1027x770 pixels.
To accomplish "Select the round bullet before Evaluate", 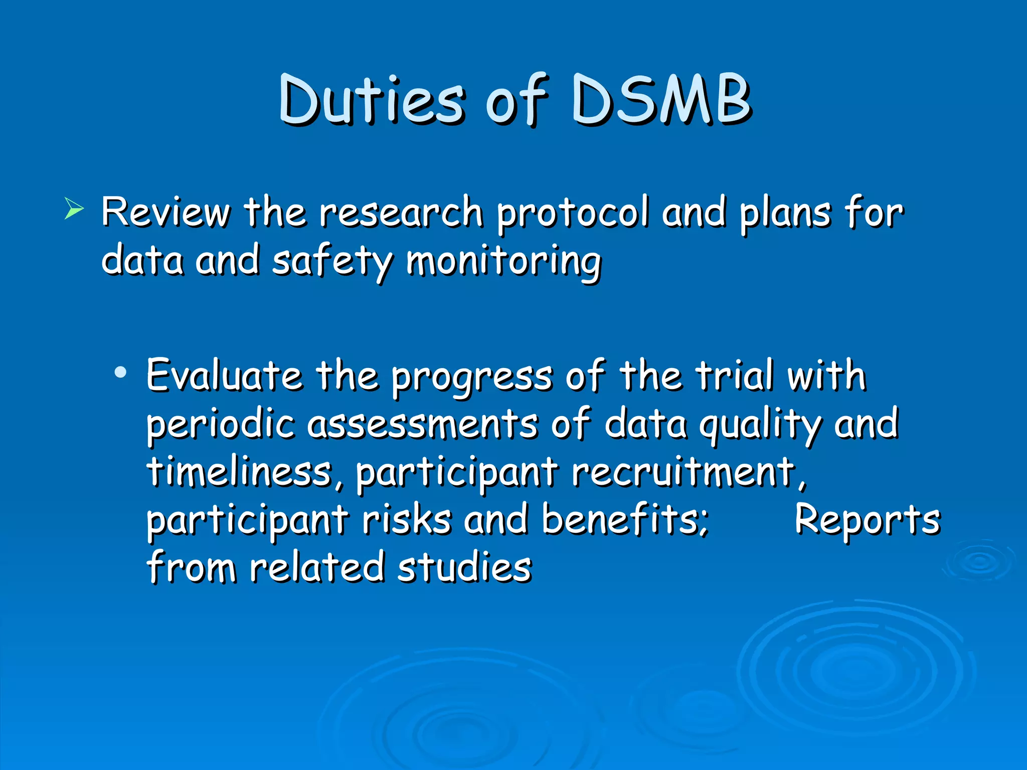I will click(120, 372).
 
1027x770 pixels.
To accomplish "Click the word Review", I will click(165, 213).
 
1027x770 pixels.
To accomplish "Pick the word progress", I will click(472, 378).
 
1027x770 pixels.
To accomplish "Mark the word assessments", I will click(422, 424).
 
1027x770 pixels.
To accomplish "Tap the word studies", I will click(464, 568).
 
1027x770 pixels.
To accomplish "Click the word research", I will click(401, 213).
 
